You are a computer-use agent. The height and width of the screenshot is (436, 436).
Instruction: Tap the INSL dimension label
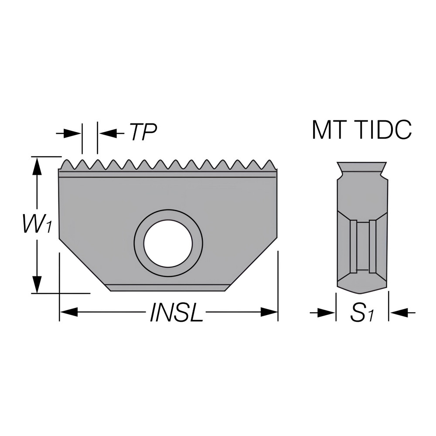point(176,313)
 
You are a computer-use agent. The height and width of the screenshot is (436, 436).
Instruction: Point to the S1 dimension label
point(362,313)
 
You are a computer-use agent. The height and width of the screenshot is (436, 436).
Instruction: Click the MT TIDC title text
point(361,130)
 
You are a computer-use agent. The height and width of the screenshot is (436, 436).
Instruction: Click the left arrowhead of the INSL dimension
point(68,312)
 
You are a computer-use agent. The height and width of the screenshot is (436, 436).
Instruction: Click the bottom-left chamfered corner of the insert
point(83,264)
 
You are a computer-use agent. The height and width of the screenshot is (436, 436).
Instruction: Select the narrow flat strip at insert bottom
point(168,287)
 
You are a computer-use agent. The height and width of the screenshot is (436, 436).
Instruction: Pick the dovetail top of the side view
point(361,167)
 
